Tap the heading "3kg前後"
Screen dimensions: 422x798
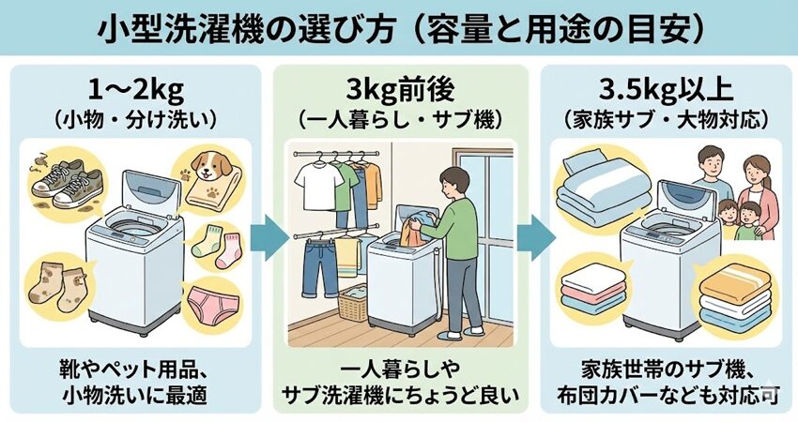(x=401, y=94)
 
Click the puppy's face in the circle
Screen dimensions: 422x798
(x=204, y=168)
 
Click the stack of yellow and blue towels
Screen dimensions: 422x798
(x=737, y=295)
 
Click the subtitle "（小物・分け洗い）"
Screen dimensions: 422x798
(x=131, y=122)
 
